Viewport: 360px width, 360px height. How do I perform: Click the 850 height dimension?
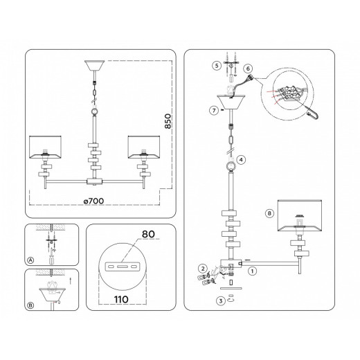[168, 121]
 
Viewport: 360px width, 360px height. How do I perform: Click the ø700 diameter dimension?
[93, 201]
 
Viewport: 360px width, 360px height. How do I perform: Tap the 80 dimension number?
[148, 234]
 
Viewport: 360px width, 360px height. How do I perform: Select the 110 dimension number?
[121, 300]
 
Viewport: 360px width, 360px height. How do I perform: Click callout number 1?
[252, 271]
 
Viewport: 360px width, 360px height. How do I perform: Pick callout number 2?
[203, 269]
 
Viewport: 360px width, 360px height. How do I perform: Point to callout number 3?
[221, 300]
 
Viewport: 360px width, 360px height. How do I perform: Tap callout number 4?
[241, 160]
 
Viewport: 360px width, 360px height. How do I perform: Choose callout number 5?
[217, 66]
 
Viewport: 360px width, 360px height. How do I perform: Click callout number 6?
[248, 69]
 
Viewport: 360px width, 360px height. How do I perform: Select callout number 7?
[214, 111]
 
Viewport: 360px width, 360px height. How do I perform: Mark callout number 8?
[269, 213]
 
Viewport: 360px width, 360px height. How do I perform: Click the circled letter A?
[30, 260]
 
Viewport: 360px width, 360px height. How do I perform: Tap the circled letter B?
[30, 305]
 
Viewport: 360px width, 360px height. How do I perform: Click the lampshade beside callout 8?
[300, 215]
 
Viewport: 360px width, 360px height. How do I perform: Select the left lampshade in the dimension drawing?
[45, 147]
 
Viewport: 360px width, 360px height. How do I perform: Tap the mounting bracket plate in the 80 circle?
[123, 267]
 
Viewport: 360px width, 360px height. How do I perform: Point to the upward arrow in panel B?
[71, 281]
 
